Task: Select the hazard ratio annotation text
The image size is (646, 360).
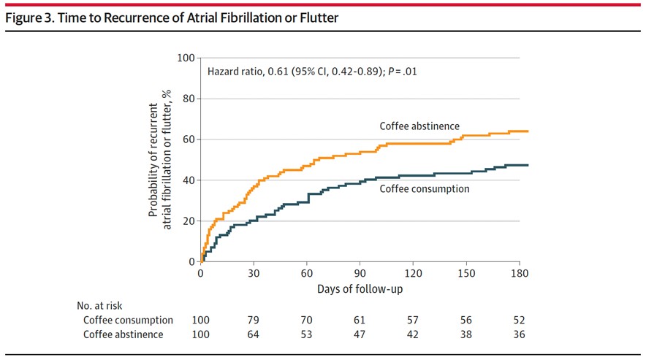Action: point(312,72)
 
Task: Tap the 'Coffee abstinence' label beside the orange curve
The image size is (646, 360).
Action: point(419,126)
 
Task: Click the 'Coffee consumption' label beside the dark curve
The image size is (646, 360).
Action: point(424,188)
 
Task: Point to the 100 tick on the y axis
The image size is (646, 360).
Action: point(187,58)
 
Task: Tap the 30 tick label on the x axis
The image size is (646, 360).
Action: point(254,274)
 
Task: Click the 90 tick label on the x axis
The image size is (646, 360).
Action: point(360,274)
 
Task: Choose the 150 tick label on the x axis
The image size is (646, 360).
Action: point(466,274)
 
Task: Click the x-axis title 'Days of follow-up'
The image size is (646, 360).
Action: point(360,289)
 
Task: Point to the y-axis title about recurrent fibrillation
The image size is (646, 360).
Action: point(160,160)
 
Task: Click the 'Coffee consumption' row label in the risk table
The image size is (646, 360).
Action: point(128,320)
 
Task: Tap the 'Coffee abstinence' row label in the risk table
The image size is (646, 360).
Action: point(123,334)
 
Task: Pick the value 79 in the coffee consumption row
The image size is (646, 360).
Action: point(254,320)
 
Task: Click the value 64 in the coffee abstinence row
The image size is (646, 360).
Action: point(254,334)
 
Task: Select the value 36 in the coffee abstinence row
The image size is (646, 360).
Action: point(519,334)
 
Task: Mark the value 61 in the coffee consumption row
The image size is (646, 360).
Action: point(360,320)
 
